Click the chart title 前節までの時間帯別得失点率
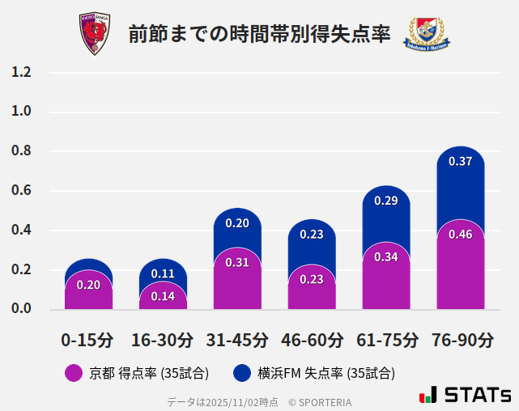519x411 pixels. (259, 34)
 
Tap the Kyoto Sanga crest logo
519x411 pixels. (94, 33)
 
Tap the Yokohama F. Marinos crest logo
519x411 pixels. (426, 35)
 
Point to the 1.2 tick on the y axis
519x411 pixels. (21, 73)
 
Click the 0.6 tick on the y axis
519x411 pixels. (21, 191)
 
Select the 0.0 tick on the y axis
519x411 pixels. (21, 309)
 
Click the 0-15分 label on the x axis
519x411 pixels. (88, 339)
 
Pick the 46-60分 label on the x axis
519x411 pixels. (312, 339)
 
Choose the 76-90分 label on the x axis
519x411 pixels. (461, 339)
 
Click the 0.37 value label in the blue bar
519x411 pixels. (460, 161)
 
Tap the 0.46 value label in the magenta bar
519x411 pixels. (460, 235)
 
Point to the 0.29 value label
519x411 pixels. (385, 200)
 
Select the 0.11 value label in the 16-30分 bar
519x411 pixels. (163, 274)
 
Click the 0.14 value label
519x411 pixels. (163, 296)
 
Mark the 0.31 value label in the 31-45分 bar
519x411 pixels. (237, 262)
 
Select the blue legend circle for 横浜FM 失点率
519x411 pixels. (241, 373)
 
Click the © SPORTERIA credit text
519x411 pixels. (320, 401)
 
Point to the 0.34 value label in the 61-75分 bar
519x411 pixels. (385, 256)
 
